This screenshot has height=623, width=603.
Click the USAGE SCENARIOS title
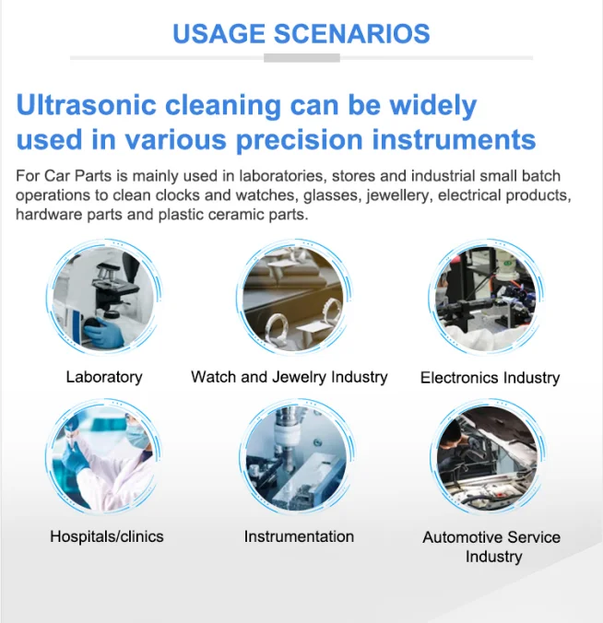(x=301, y=35)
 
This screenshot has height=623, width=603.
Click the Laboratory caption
(x=104, y=377)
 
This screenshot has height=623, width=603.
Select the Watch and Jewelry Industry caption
(x=290, y=377)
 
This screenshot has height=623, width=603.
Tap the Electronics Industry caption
(x=490, y=378)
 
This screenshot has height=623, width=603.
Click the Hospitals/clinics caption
(x=107, y=536)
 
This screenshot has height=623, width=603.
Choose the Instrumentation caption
(x=299, y=536)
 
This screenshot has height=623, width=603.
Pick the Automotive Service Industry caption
(x=491, y=547)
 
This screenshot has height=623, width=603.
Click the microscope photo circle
(x=104, y=297)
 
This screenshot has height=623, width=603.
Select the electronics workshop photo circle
(x=485, y=297)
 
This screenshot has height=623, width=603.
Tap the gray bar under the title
(x=301, y=58)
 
